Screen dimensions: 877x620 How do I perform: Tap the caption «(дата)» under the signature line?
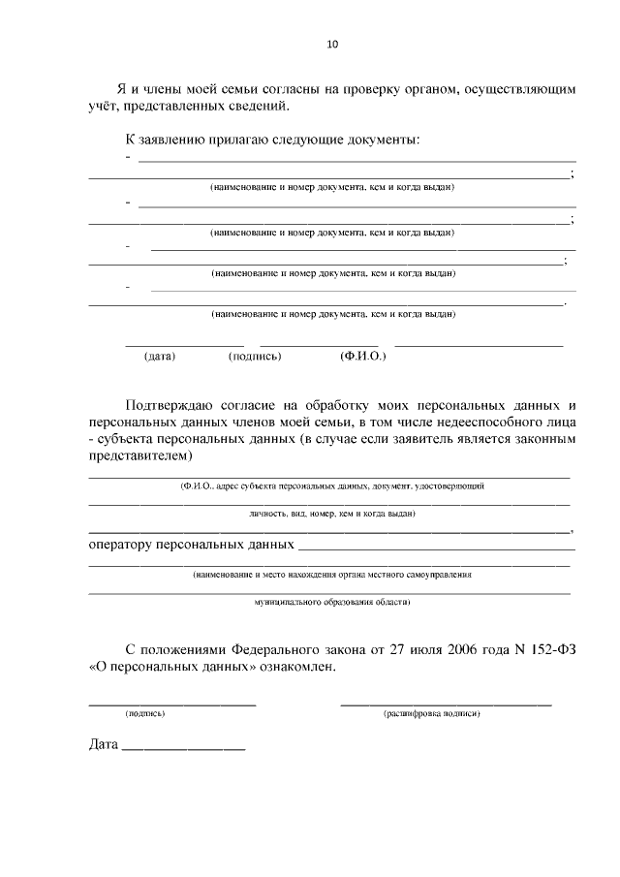(159, 357)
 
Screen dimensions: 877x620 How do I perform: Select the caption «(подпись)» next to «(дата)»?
(255, 357)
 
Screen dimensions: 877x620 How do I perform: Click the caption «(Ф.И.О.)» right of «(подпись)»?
(363, 357)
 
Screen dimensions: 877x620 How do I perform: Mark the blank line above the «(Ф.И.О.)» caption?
(479, 345)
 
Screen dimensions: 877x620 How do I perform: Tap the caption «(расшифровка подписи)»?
(432, 714)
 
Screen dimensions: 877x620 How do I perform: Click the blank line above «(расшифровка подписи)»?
(446, 703)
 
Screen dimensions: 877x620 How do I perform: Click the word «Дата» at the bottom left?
(102, 747)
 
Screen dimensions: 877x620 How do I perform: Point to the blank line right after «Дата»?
(184, 751)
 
